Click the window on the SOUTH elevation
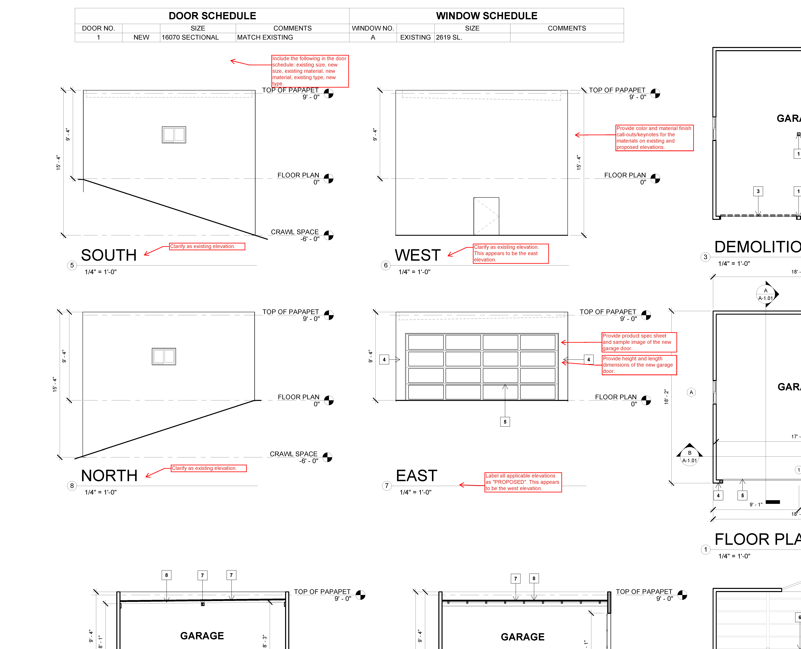point(174,135)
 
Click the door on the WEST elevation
point(486,216)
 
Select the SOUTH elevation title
point(109,255)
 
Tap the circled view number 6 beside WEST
point(386,265)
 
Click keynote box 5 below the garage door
point(505,422)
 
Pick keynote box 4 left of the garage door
point(384,360)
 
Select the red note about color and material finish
point(654,138)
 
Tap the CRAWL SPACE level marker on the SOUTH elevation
point(328,235)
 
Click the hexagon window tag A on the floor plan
point(691,392)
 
